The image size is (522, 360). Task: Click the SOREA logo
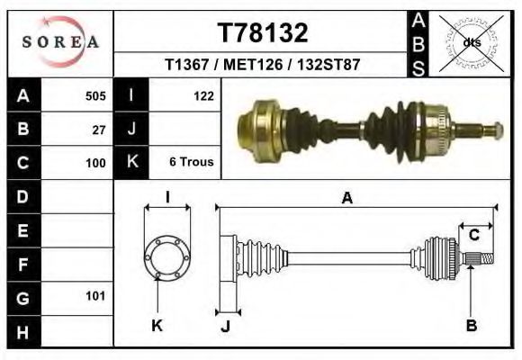point(60,42)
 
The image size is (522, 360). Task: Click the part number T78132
point(264,32)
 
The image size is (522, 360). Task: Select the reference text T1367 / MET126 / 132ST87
point(263,66)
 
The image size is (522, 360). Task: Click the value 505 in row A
point(95,96)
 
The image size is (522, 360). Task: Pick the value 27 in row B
point(99,130)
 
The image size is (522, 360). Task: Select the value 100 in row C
point(95,163)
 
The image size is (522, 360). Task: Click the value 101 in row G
point(95,295)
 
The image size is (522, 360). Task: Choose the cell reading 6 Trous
point(191,163)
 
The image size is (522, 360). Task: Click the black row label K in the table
point(131,163)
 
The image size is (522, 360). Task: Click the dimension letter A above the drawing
point(346,200)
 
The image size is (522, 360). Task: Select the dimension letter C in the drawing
point(474,236)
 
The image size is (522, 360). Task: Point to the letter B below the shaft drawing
point(471,326)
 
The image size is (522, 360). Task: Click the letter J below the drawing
point(226,327)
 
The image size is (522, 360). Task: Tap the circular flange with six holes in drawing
point(166,256)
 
